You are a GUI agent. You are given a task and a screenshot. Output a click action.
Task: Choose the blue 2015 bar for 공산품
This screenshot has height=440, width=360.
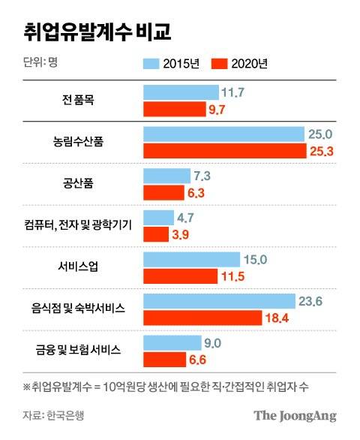(166, 176)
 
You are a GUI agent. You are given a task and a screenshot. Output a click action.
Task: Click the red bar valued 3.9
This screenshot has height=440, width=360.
(155, 234)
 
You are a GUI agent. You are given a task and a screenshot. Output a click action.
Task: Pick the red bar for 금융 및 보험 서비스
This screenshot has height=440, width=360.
(163, 359)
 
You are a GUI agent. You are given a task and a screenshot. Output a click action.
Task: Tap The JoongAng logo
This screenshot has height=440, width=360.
(295, 414)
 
